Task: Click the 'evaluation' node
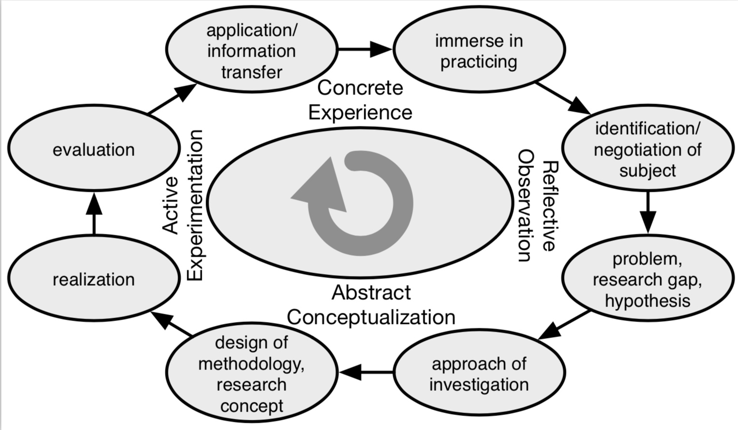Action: [x=93, y=150]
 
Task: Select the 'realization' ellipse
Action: [x=93, y=279]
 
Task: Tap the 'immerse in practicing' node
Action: [x=479, y=51]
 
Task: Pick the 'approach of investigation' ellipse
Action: [x=479, y=373]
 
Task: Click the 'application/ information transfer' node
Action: [x=251, y=51]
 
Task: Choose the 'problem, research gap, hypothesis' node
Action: [x=647, y=279]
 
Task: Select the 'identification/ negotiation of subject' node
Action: [x=647, y=149]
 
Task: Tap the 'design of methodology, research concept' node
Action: [x=251, y=373]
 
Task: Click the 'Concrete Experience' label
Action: [x=360, y=100]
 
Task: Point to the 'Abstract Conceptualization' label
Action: [x=371, y=305]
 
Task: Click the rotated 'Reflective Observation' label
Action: [x=537, y=205]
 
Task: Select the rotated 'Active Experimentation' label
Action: [x=182, y=205]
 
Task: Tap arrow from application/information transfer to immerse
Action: [x=365, y=49]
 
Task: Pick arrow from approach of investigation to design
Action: [x=366, y=372]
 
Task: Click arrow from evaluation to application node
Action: [x=172, y=99]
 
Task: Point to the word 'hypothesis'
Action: [x=647, y=301]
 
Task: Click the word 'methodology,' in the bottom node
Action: [x=251, y=363]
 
